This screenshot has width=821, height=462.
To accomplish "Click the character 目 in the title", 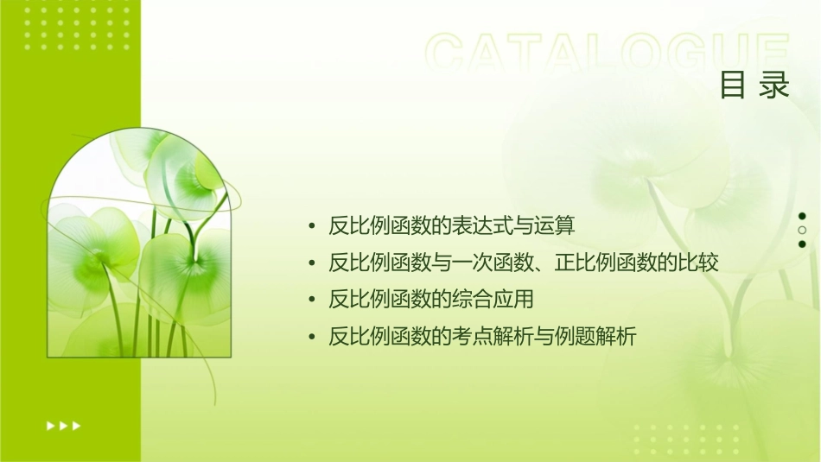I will [733, 85].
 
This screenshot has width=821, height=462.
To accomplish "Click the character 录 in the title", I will [775, 85].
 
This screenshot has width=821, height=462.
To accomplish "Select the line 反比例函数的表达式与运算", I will [451, 226].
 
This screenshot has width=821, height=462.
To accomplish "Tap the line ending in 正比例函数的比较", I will [524, 263].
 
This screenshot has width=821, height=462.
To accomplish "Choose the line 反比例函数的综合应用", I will [431, 300].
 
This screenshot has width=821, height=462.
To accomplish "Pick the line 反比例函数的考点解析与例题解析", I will [482, 337].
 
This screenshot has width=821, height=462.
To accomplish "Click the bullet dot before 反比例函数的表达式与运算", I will [311, 227].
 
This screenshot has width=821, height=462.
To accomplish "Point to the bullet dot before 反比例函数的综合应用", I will [311, 301].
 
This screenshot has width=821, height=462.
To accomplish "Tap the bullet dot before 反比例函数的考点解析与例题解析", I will [311, 338].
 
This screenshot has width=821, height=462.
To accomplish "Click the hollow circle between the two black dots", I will [802, 231].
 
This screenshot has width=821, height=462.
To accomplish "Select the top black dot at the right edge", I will [802, 216].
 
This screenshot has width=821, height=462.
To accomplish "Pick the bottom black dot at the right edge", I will [802, 244].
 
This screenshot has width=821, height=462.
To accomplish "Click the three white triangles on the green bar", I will [63, 425].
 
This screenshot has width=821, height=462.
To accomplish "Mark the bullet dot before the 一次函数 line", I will [311, 263].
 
